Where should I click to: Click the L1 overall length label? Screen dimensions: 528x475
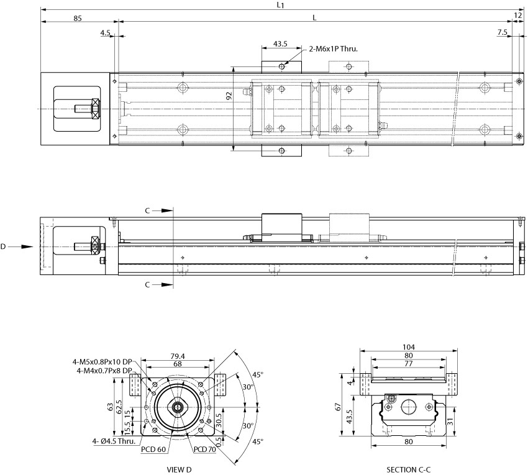(x=281, y=5)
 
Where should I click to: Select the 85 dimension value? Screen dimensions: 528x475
(x=78, y=18)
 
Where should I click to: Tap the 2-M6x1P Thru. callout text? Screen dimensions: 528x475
(x=334, y=49)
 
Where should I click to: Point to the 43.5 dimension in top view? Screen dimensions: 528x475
(x=280, y=43)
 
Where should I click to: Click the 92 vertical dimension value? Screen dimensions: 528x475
(x=229, y=96)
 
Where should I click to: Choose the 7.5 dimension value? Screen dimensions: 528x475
(x=502, y=32)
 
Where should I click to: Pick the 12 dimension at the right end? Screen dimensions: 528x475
(x=518, y=16)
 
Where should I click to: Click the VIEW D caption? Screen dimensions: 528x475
(x=179, y=469)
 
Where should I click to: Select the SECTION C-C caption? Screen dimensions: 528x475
(x=409, y=469)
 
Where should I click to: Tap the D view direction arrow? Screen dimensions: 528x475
(x=20, y=247)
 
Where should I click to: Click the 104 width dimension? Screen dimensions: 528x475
(x=409, y=346)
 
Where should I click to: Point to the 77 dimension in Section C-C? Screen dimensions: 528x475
(x=409, y=364)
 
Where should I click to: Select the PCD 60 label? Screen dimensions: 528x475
(x=153, y=449)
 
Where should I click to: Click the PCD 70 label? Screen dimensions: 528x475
(x=205, y=449)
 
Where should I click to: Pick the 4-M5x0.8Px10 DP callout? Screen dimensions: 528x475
(x=102, y=362)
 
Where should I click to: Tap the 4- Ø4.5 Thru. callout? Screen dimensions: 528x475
(x=114, y=441)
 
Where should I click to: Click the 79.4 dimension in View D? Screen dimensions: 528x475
(x=178, y=356)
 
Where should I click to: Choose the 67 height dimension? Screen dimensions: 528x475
(x=339, y=406)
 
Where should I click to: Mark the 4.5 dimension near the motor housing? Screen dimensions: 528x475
(x=106, y=33)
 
